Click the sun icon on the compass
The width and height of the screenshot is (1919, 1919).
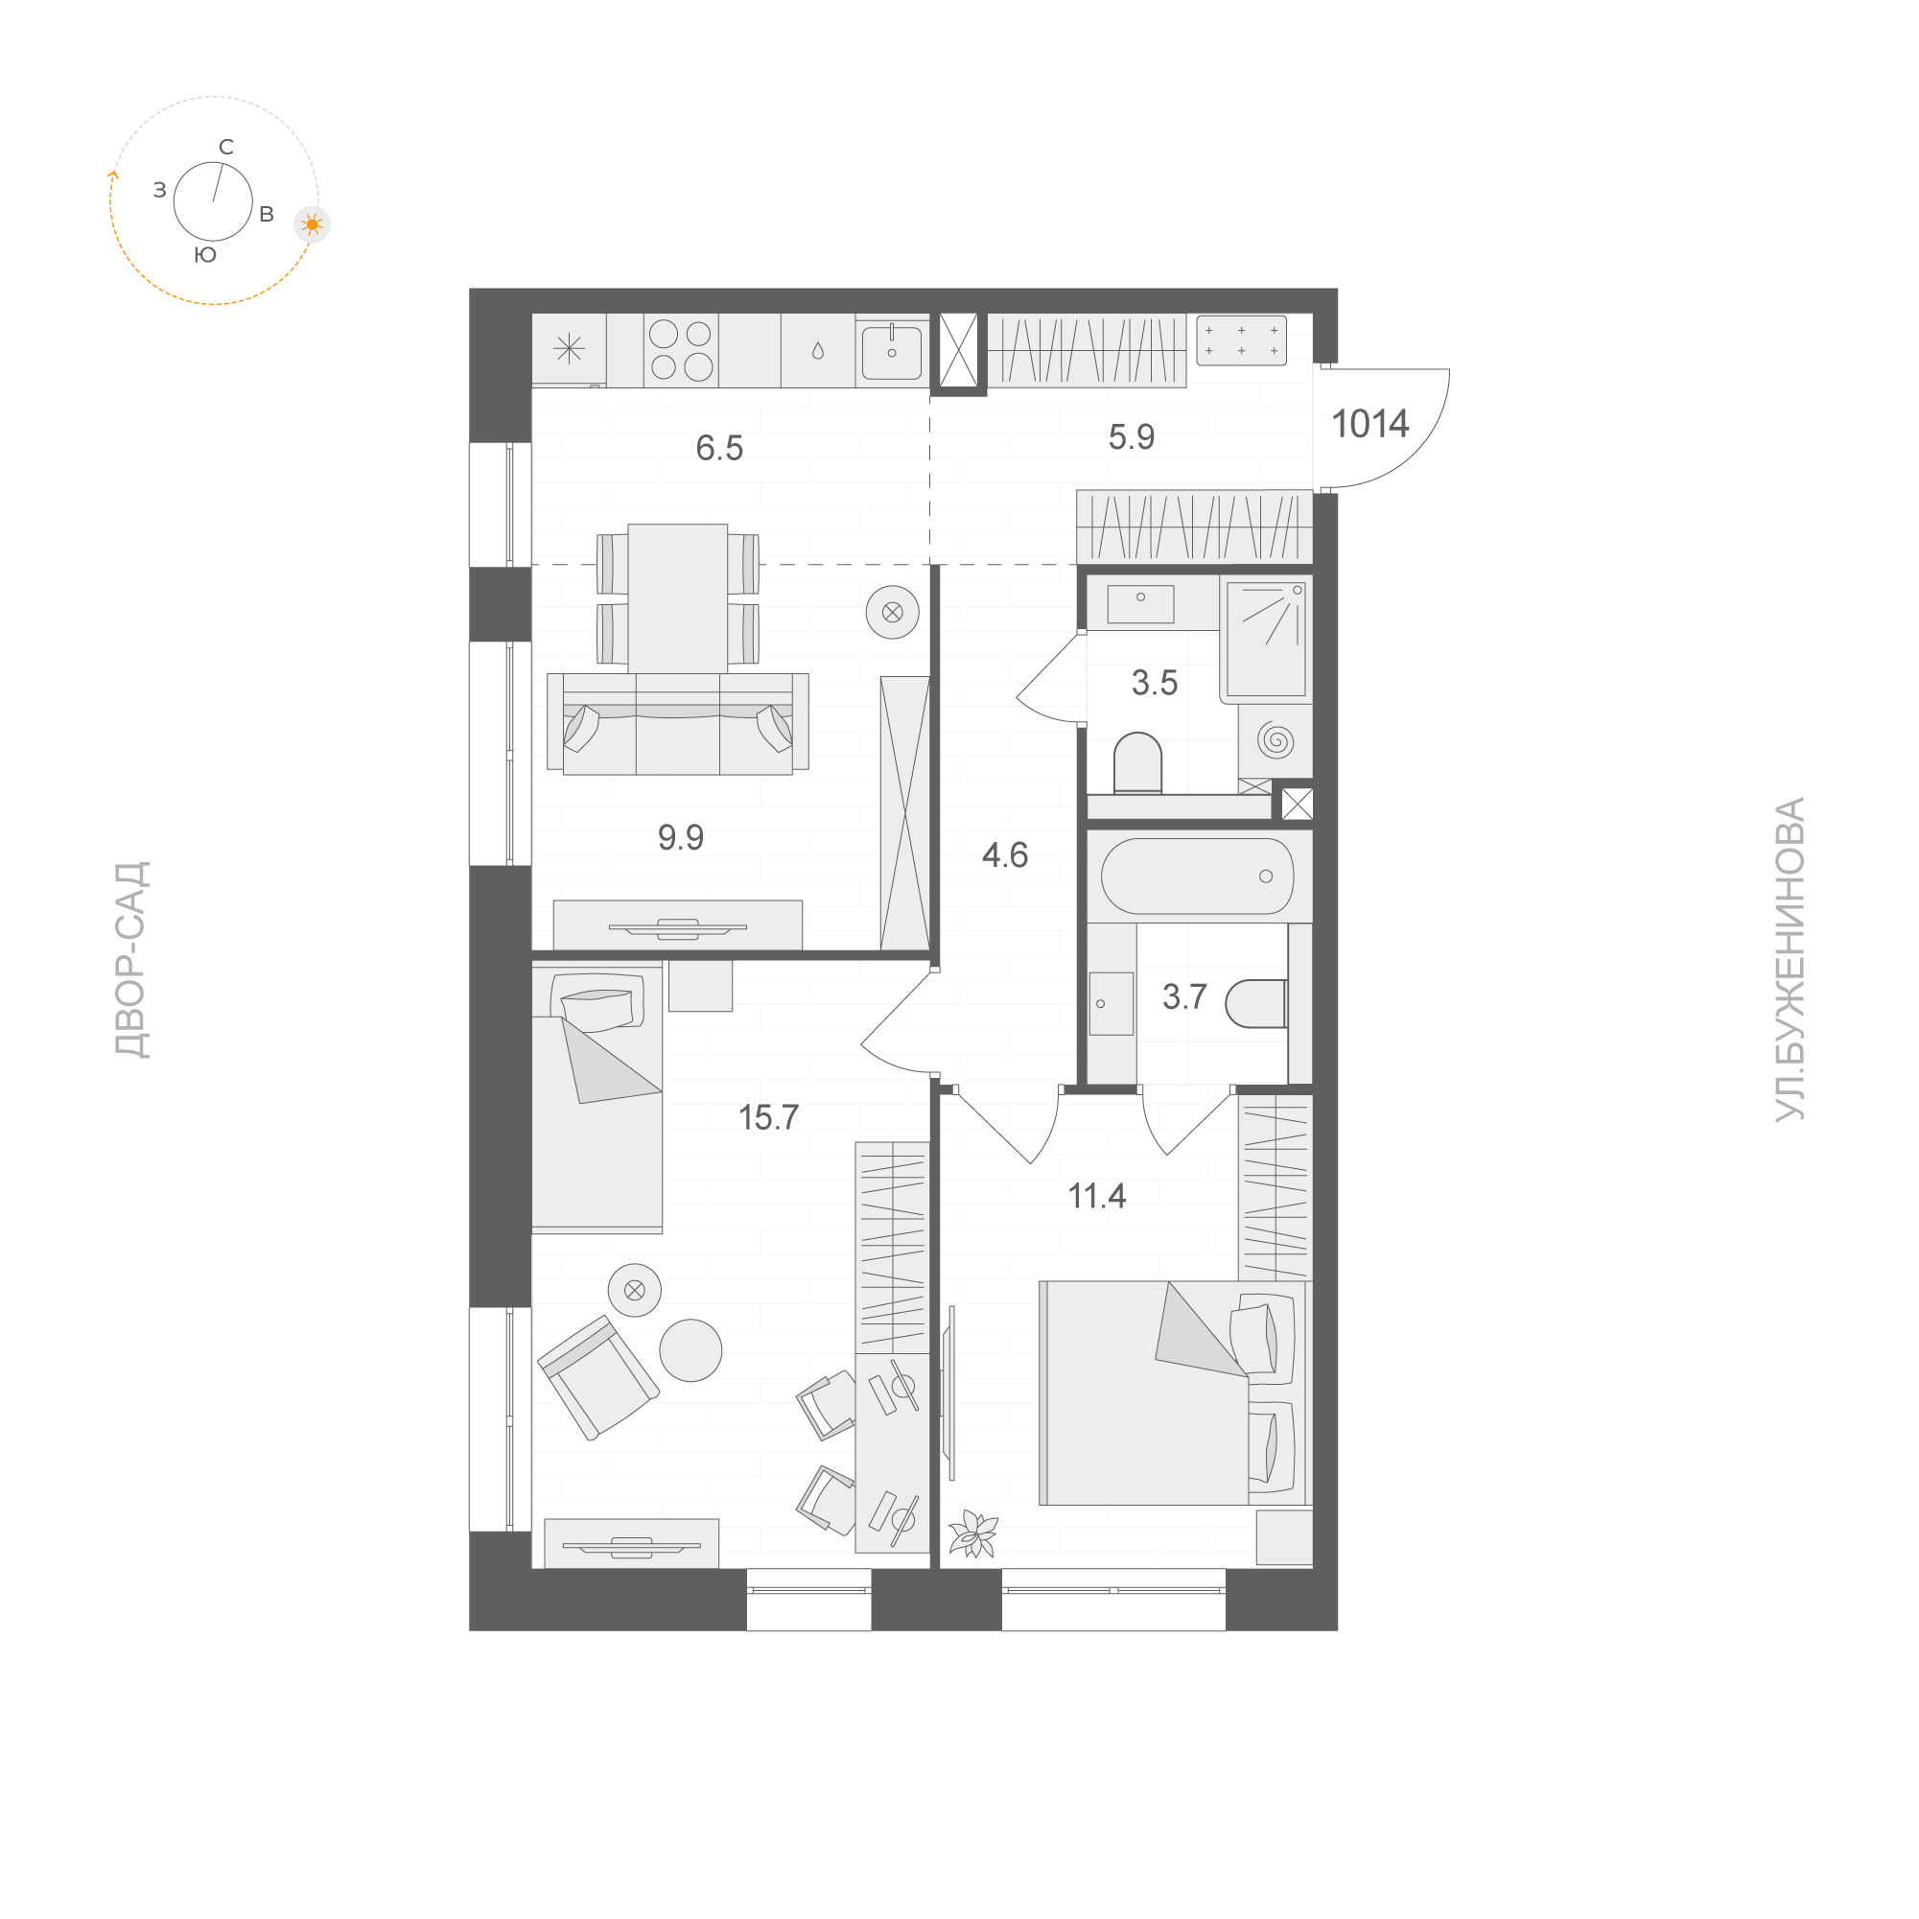coord(312,225)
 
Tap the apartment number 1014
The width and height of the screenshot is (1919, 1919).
coord(1369,424)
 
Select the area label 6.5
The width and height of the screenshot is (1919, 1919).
coord(719,448)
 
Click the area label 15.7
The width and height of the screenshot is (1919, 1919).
coord(769,1117)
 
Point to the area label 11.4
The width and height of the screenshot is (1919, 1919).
coord(1096,1195)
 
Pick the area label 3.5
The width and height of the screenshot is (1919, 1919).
coord(1155,684)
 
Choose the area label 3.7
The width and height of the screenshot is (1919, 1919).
coord(1184,996)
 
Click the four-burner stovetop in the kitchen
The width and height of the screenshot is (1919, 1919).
coord(681,350)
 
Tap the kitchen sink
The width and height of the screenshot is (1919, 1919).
coord(891,351)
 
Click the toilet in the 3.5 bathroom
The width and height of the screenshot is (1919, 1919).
coord(1137,762)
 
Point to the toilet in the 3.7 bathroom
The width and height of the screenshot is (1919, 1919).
coord(1256,1003)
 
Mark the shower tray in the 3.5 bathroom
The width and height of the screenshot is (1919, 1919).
coord(1266,639)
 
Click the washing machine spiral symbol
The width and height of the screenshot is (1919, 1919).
coord(1275,740)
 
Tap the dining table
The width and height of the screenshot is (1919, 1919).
coord(677,598)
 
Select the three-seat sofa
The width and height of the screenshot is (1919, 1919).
coord(677,724)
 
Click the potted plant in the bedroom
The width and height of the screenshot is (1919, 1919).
coord(973,1533)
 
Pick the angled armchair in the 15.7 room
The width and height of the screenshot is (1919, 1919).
coord(597,1377)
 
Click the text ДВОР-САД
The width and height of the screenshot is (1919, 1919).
coord(131,961)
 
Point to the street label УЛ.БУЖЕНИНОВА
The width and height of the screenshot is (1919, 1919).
coord(1789,959)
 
